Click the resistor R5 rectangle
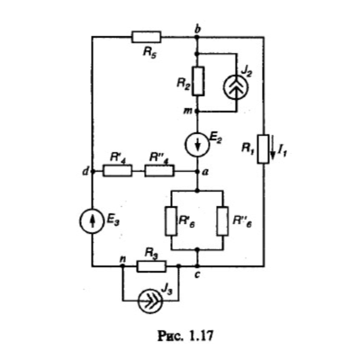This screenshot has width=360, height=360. tap(147, 37)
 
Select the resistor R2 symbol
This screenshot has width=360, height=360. tap(198, 81)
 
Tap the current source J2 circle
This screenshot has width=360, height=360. tap(236, 86)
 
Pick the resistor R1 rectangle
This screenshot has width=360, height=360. tap(263, 149)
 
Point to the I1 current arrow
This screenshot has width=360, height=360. tap(273, 148)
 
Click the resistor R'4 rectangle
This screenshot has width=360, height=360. tap(117, 171)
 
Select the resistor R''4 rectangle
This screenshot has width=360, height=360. tap(159, 171)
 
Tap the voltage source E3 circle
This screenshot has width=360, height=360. tap(92, 220)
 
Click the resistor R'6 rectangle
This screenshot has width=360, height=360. tap(171, 220)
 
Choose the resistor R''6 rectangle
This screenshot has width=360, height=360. tap(223, 220)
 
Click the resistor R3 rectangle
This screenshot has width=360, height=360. tap(151, 266)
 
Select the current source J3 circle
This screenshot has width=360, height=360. tap(149, 301)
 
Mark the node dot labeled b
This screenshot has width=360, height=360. tap(197, 37)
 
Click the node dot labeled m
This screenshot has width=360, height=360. tap(197, 112)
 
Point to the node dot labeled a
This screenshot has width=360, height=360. tap(197, 171)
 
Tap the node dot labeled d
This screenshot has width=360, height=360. tap(93, 171)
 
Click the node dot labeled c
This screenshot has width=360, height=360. tap(197, 265)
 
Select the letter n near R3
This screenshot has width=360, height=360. tap(122, 258)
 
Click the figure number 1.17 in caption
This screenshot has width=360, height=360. tap(201, 336)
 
